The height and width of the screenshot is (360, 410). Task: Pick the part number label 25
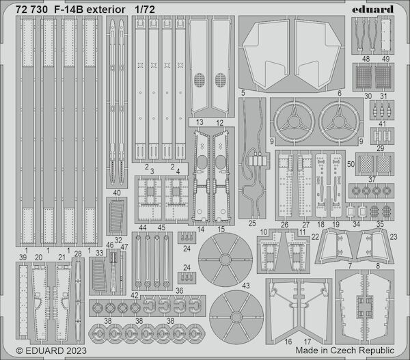point(252,223)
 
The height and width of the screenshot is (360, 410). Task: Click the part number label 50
point(351,164)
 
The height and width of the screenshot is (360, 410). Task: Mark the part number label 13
point(200,123)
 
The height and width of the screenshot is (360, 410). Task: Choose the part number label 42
point(135,295)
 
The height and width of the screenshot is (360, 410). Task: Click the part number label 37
point(373,179)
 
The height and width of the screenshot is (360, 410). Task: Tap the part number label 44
point(142,227)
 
